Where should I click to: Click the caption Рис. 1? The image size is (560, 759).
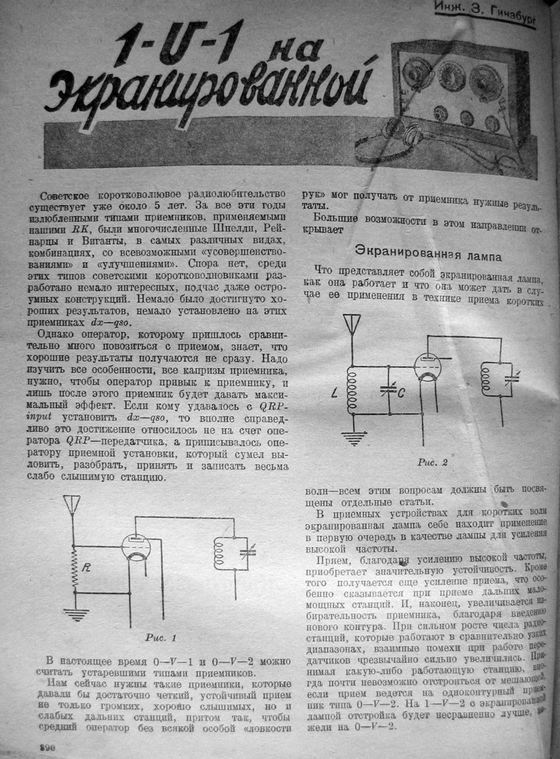pos(161,636)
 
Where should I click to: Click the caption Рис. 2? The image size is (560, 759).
pos(432,463)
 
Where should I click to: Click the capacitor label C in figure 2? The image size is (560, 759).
pos(402,392)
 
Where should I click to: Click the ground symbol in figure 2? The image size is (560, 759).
pos(353,439)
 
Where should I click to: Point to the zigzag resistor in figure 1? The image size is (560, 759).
pos(73,571)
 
